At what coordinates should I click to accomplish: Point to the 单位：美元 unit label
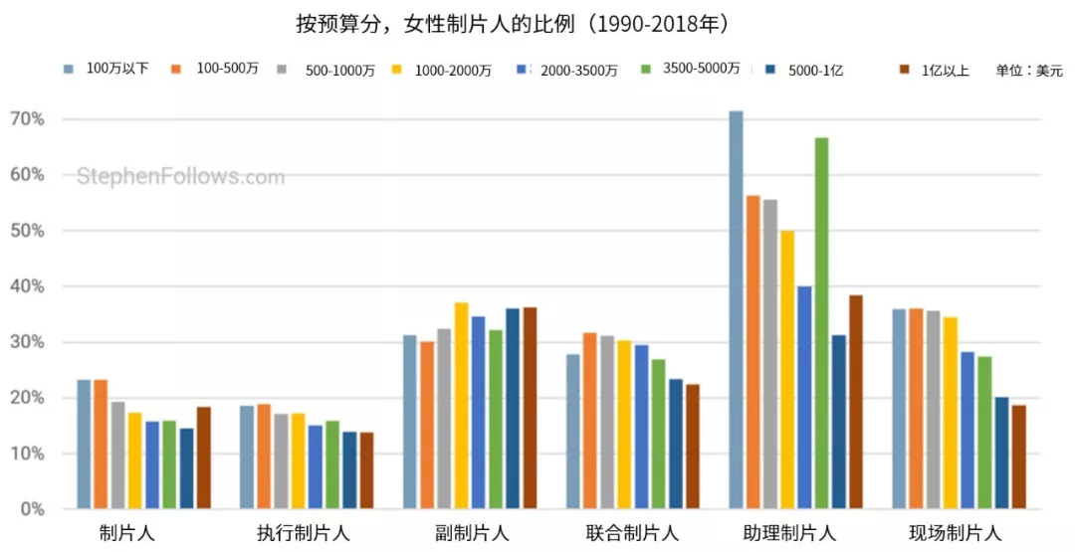point(1028,71)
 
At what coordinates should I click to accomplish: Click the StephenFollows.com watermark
point(180,178)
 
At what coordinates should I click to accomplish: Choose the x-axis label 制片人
point(127,532)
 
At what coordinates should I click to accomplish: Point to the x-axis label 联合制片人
point(632,532)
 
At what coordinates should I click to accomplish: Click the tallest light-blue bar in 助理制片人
point(736,309)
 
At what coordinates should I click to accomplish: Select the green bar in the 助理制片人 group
point(821,323)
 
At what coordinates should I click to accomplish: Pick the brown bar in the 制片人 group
point(203,458)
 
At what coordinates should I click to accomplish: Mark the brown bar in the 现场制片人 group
point(1018,457)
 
